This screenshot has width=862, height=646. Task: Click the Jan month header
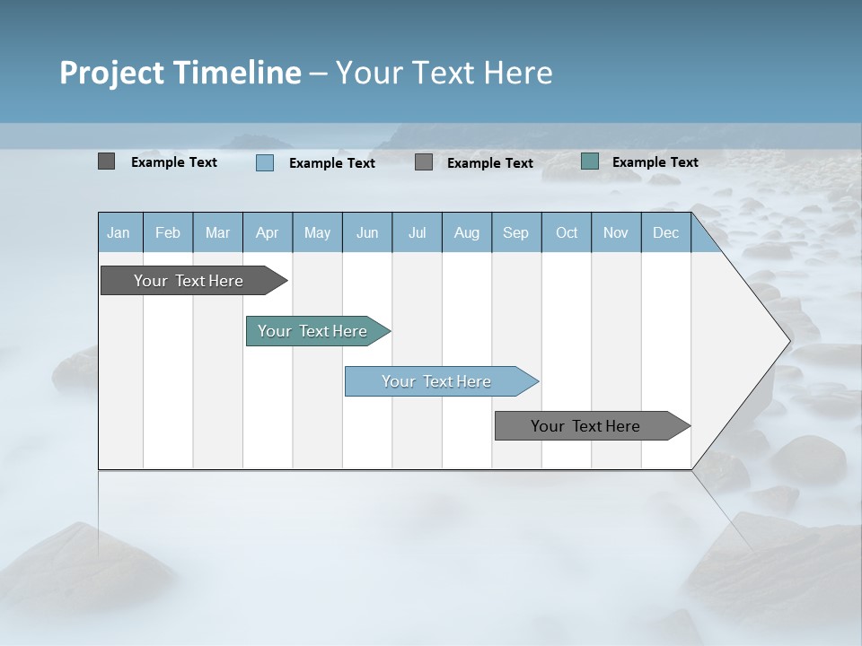119,232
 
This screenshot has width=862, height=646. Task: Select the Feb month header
168,232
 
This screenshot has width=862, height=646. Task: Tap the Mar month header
217,232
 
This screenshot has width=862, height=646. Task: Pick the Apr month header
268,232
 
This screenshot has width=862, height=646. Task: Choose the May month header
317,232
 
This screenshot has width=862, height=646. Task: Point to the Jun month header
367,232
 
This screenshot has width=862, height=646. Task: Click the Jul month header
417,232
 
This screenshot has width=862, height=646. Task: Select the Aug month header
467,232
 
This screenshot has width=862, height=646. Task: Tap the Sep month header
516,232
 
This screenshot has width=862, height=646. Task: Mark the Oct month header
567,232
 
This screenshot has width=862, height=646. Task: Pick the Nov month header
616,232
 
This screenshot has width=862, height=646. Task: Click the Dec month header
666,232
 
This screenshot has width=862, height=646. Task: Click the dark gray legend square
106,161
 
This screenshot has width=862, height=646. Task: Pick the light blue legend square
264,162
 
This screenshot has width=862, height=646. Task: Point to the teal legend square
589,161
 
